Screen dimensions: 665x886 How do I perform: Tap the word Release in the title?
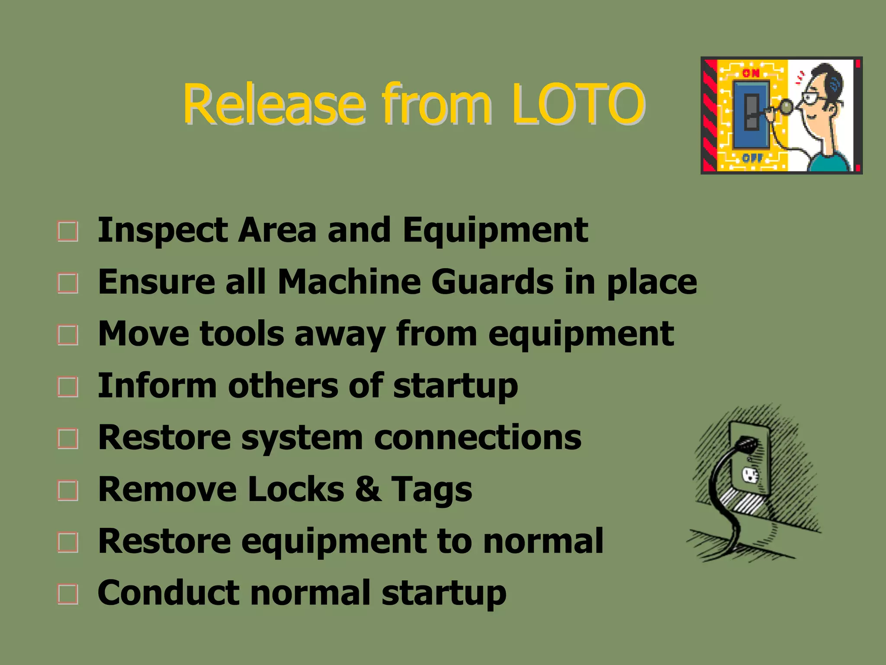(x=274, y=104)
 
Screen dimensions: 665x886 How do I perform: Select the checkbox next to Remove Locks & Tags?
(x=68, y=491)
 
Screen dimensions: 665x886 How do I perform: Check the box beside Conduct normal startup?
(x=68, y=594)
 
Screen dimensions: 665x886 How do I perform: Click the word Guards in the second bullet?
(x=492, y=282)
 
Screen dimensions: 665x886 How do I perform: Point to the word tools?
(x=241, y=334)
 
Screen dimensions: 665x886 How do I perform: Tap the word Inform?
(x=157, y=386)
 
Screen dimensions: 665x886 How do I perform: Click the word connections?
(x=477, y=437)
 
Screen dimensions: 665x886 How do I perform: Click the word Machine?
(x=349, y=282)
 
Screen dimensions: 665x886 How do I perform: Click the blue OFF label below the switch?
(x=752, y=158)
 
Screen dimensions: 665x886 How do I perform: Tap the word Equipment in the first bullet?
(x=495, y=230)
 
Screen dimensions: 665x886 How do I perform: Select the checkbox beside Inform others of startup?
(x=68, y=387)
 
